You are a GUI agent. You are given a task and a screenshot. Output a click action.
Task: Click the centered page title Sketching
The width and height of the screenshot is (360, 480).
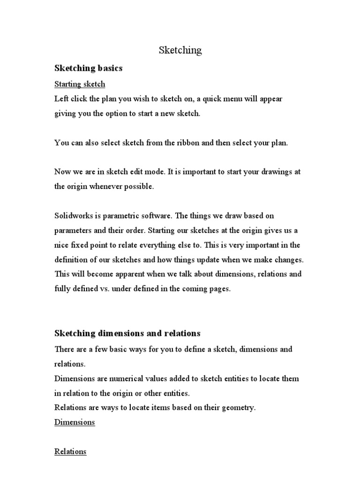[x=180, y=50]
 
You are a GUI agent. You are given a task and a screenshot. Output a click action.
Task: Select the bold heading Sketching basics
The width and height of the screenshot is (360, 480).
[x=88, y=68]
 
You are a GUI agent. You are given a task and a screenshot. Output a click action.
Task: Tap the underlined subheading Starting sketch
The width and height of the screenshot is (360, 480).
[x=80, y=84]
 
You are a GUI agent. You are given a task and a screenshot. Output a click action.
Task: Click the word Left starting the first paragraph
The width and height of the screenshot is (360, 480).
[x=61, y=99]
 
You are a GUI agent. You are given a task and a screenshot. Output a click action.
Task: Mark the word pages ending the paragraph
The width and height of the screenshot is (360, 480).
[x=219, y=289]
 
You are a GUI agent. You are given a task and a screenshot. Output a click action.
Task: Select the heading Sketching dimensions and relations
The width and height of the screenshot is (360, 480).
[x=127, y=333]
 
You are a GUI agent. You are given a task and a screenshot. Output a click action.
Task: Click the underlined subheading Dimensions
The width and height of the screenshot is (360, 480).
[x=75, y=422]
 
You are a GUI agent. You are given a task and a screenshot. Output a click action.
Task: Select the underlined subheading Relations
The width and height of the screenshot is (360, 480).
[x=70, y=451]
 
